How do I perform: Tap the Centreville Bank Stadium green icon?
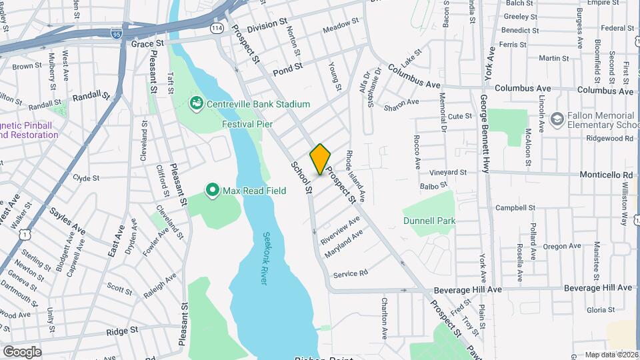(x=197, y=103)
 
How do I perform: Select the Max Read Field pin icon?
(x=213, y=191)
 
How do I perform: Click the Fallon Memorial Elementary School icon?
(x=557, y=119)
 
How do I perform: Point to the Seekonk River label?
(x=265, y=259)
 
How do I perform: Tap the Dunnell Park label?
(x=429, y=220)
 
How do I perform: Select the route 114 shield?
(x=217, y=28)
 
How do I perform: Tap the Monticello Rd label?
(x=610, y=174)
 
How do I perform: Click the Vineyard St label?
(x=447, y=172)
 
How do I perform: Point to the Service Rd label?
(x=350, y=273)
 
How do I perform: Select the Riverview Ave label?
(x=340, y=228)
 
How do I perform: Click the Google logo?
(x=21, y=352)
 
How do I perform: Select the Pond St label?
(x=288, y=67)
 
